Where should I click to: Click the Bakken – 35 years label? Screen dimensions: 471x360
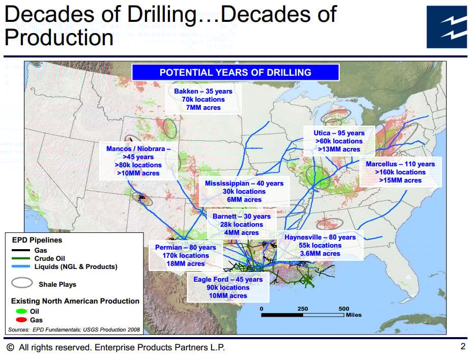[203, 92]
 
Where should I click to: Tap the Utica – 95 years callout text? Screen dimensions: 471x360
[339, 133]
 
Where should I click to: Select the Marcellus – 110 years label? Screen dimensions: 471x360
[400, 164]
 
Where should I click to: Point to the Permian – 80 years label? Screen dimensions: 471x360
[186, 248]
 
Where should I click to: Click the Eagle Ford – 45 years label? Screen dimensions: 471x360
[228, 280]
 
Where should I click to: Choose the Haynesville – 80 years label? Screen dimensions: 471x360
[320, 237]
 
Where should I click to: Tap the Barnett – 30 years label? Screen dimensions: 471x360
[242, 217]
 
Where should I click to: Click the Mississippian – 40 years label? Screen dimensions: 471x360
[244, 184]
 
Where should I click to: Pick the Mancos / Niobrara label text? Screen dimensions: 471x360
[138, 149]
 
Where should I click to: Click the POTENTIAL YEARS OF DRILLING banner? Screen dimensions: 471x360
[236, 72]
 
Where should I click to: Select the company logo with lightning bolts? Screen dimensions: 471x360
[447, 27]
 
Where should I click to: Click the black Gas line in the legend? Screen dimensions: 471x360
[21, 250]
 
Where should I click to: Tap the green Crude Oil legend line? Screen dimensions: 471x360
[21, 258]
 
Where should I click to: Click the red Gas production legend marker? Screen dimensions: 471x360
[21, 320]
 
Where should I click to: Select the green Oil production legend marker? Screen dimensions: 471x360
[21, 311]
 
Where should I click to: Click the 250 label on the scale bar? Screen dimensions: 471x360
[303, 309]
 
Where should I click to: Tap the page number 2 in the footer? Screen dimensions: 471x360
[463, 346]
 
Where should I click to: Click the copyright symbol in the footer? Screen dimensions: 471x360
[10, 347]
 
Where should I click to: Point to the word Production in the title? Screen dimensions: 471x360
[59, 38]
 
